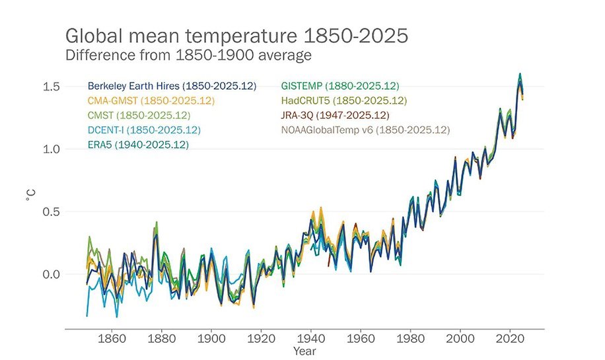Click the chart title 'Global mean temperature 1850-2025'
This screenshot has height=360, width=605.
pyautogui.click(x=236, y=36)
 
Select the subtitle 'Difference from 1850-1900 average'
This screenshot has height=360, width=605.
pyautogui.click(x=188, y=55)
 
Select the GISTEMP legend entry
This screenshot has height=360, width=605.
pyautogui.click(x=340, y=87)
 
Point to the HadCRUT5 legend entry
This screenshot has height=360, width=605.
pyautogui.click(x=343, y=101)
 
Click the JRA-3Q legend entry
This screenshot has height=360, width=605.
pyautogui.click(x=336, y=116)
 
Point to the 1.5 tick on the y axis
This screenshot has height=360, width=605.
pyautogui.click(x=52, y=87)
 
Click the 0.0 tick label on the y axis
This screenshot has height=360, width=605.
pyautogui.click(x=52, y=274)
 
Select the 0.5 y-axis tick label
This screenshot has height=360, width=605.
pyautogui.click(x=52, y=212)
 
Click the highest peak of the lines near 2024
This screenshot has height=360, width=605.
pyautogui.click(x=520, y=74)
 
